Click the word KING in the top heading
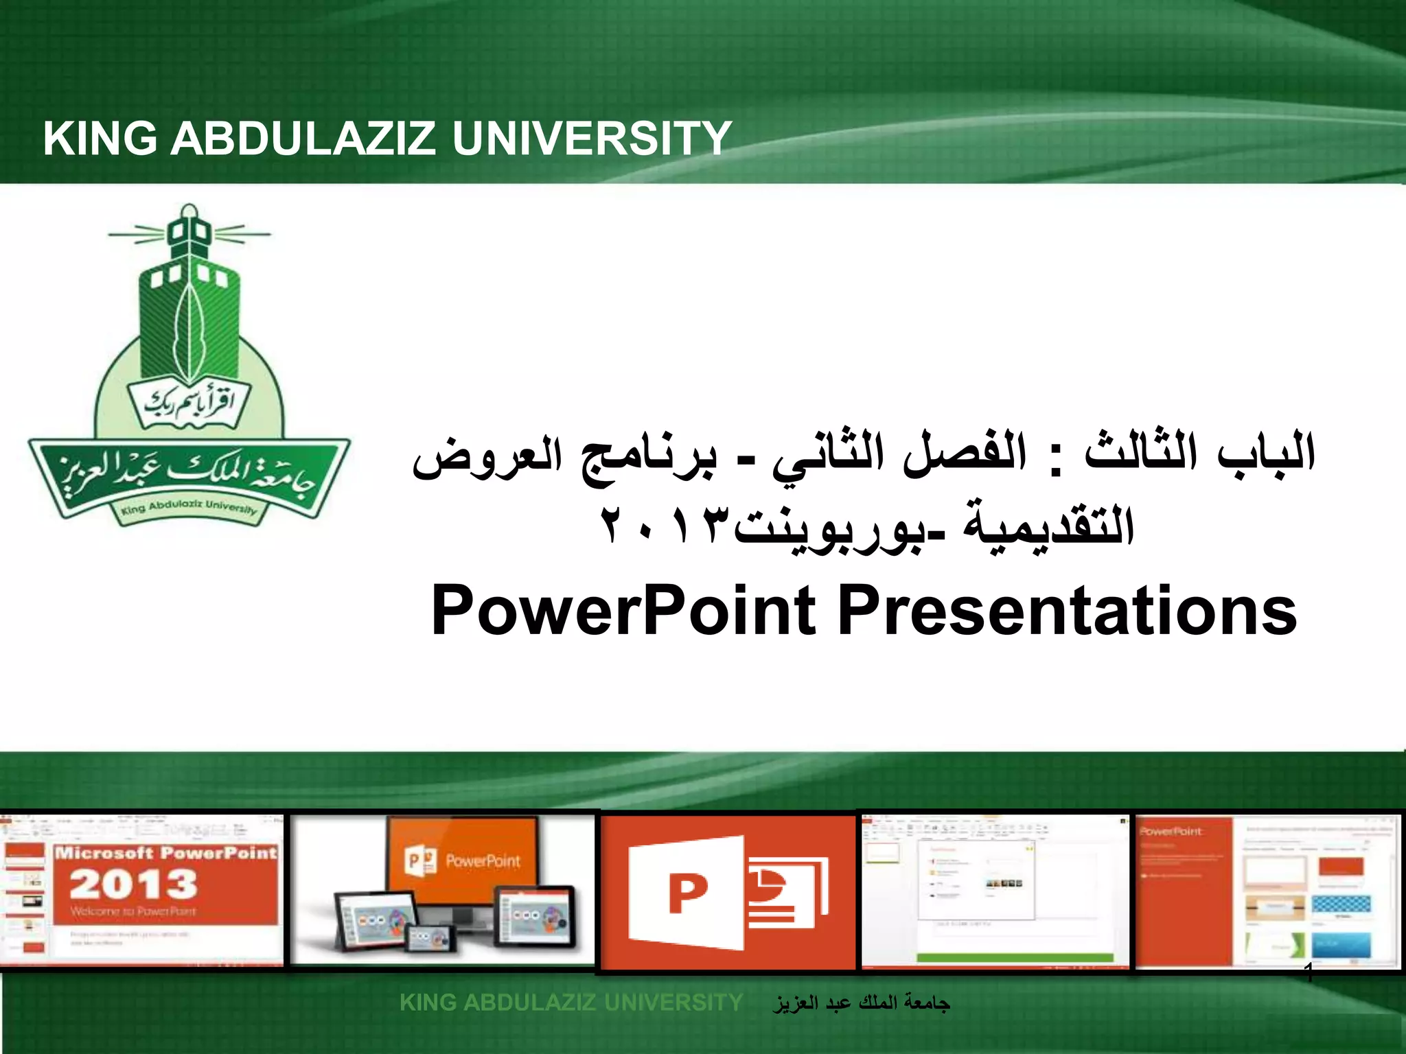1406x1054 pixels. tap(100, 139)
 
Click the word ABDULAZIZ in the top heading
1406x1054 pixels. tap(303, 139)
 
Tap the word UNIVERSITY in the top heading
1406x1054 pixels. tap(591, 139)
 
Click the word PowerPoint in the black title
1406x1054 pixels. tap(623, 611)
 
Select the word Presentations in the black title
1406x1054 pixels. tap(1067, 611)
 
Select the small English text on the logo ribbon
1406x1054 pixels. tap(189, 507)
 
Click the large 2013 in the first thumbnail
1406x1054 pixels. tap(133, 885)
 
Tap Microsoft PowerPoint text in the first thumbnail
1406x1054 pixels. tap(165, 853)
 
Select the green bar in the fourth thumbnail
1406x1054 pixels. tap(1015, 957)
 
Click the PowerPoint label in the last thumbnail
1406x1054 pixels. tap(1170, 832)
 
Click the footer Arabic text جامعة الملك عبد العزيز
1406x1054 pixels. tap(861, 1003)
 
